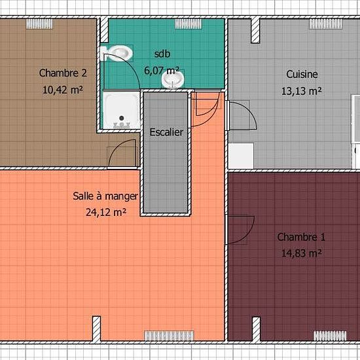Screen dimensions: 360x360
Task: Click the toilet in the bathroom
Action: pyautogui.click(x=117, y=53)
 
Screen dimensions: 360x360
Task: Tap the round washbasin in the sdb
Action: pyautogui.click(x=173, y=79)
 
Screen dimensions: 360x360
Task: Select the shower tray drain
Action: pyautogui.click(x=122, y=118)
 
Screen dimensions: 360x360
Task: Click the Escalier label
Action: pyautogui.click(x=166, y=132)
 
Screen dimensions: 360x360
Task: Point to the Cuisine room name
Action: pyautogui.click(x=302, y=74)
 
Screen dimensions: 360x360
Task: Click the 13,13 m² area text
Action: pyautogui.click(x=301, y=91)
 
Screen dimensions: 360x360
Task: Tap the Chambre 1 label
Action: pyautogui.click(x=301, y=237)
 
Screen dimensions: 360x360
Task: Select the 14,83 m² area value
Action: pyautogui.click(x=301, y=253)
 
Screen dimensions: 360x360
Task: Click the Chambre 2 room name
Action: pyautogui.click(x=63, y=73)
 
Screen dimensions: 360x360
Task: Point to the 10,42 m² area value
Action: pyautogui.click(x=63, y=90)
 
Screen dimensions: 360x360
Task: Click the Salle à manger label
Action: pyautogui.click(x=105, y=196)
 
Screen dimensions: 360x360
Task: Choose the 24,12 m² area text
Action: pyautogui.click(x=106, y=212)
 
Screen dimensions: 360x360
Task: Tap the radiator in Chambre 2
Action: pyautogui.click(x=39, y=24)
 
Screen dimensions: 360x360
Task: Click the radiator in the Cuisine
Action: pyautogui.click(x=325, y=24)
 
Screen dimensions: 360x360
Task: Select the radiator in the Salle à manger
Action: pyautogui.click(x=169, y=336)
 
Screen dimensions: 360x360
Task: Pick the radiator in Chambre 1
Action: pyautogui.click(x=330, y=336)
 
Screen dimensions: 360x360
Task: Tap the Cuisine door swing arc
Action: pyautogui.click(x=250, y=111)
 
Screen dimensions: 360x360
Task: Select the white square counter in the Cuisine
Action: pyautogui.click(x=241, y=156)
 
